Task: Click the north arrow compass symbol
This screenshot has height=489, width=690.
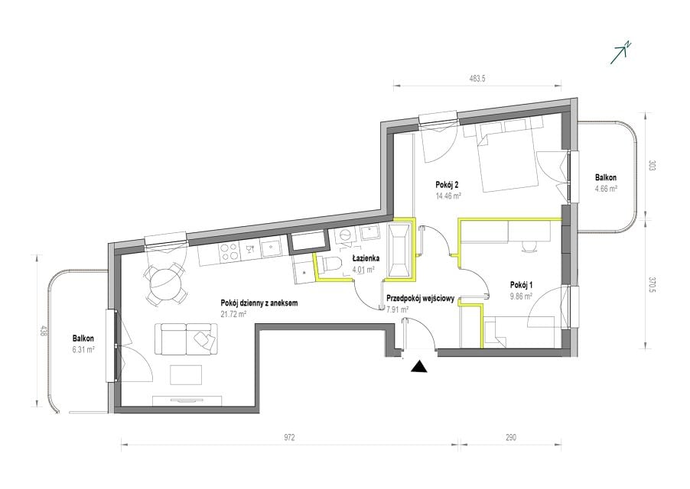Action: [x=621, y=53]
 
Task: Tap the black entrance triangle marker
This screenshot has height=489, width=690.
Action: [x=419, y=367]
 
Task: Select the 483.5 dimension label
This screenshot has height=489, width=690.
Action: [x=477, y=79]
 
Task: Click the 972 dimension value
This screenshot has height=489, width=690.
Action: [x=289, y=437]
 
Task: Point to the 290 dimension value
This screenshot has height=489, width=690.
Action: [x=510, y=437]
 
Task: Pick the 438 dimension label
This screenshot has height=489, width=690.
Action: [x=43, y=332]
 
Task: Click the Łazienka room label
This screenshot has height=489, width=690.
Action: [x=365, y=258]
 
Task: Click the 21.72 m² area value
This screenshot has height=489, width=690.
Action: [x=233, y=314]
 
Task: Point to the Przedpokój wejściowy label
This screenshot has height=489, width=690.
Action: [x=420, y=298]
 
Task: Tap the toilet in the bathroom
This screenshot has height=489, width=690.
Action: [x=330, y=264]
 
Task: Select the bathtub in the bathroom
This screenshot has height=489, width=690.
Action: [x=400, y=251]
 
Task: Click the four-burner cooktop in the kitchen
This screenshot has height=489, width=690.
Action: [x=229, y=251]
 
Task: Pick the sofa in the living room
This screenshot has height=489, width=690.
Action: [x=186, y=338]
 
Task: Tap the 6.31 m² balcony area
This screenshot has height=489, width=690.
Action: [x=83, y=350]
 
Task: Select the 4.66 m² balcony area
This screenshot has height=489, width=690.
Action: [x=606, y=189]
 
